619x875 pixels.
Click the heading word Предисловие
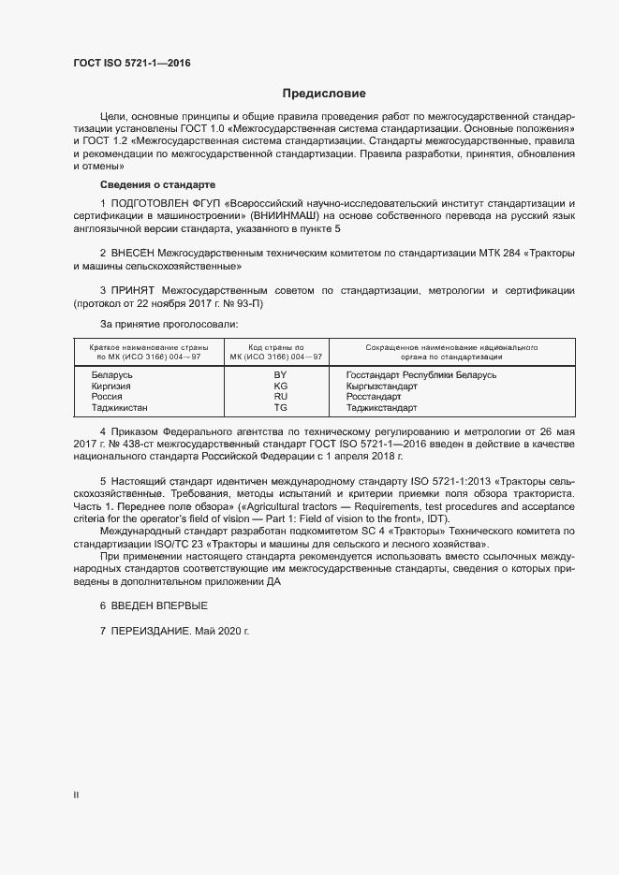324,94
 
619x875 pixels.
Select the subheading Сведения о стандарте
157,185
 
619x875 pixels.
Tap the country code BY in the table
280,375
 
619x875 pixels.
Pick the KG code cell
280,386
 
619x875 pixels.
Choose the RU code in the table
280,397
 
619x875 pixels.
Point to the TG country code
280,408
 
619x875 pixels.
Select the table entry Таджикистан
120,408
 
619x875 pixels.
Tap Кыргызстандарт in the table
381,386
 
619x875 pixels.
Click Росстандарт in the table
375,397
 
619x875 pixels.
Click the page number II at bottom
77,796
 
